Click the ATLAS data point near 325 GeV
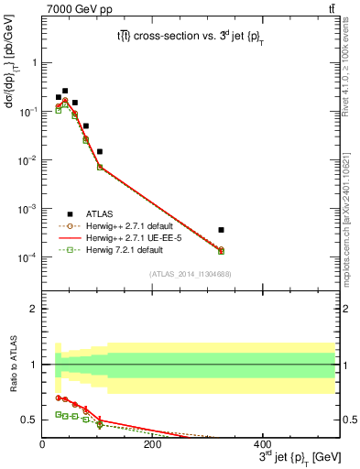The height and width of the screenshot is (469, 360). pos(299,230)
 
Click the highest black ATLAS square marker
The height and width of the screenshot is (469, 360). pos(65,91)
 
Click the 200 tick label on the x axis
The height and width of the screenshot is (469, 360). pos(152,443)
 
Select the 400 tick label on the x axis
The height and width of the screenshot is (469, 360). pos(262,443)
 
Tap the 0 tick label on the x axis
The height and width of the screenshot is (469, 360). pos(42,443)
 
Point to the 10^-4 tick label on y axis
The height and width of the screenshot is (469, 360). pos(26,257)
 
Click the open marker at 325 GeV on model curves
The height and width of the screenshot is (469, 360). pos(299,250)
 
